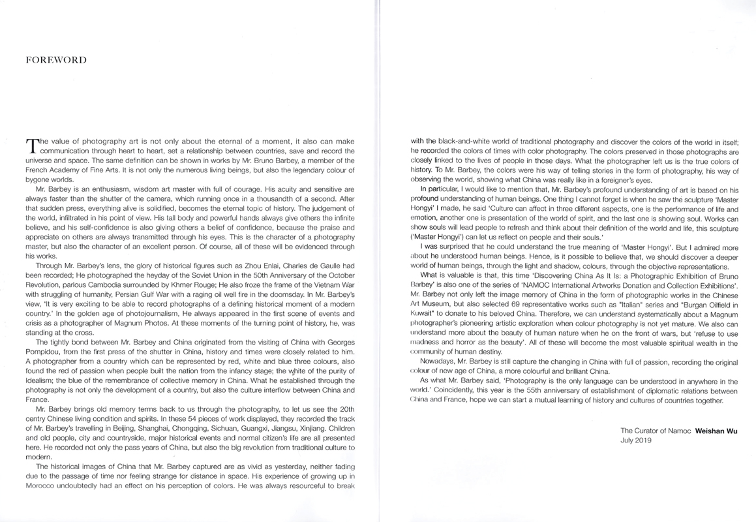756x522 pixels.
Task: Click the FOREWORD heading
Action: pyautogui.click(x=55, y=60)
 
